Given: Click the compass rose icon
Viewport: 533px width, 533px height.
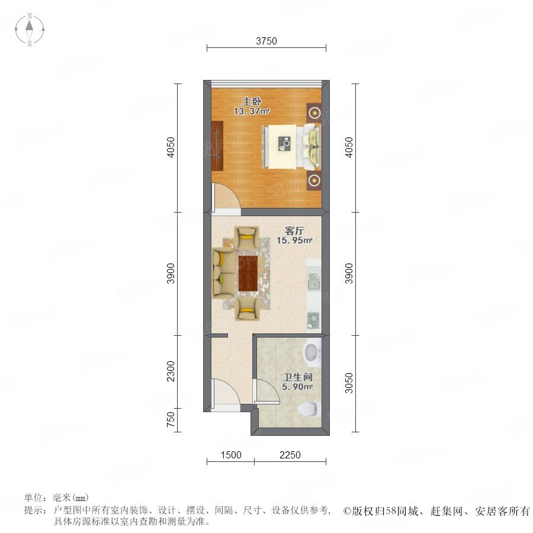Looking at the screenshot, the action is click(30, 30).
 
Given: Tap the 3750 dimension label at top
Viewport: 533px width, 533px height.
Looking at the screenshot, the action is click(266, 41).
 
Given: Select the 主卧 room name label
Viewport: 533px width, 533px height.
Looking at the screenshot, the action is click(252, 101).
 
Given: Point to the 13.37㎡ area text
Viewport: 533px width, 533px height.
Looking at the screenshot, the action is click(252, 111).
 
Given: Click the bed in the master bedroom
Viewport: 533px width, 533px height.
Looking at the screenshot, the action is click(291, 147).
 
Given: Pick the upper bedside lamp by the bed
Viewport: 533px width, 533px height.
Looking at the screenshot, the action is click(314, 112).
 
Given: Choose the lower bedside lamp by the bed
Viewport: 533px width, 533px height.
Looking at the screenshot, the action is click(314, 180).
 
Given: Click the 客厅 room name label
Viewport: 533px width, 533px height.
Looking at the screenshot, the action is click(294, 231).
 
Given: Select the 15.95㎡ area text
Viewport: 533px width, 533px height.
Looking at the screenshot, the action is click(294, 240).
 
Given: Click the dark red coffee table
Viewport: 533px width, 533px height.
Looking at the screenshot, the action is click(247, 273).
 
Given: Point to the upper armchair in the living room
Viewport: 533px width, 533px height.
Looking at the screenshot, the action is click(247, 238).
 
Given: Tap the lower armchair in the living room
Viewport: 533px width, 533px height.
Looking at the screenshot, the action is click(247, 309).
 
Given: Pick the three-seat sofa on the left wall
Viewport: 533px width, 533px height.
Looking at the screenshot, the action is click(224, 273).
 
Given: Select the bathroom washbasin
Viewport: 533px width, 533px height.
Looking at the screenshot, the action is click(312, 352).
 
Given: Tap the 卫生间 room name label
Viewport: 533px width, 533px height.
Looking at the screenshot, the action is click(298, 377).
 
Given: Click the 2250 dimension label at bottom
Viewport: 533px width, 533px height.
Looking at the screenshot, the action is click(290, 455).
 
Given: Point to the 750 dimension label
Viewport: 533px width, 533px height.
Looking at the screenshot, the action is click(171, 419).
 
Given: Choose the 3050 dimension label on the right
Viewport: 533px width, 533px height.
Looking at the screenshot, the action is click(349, 383).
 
